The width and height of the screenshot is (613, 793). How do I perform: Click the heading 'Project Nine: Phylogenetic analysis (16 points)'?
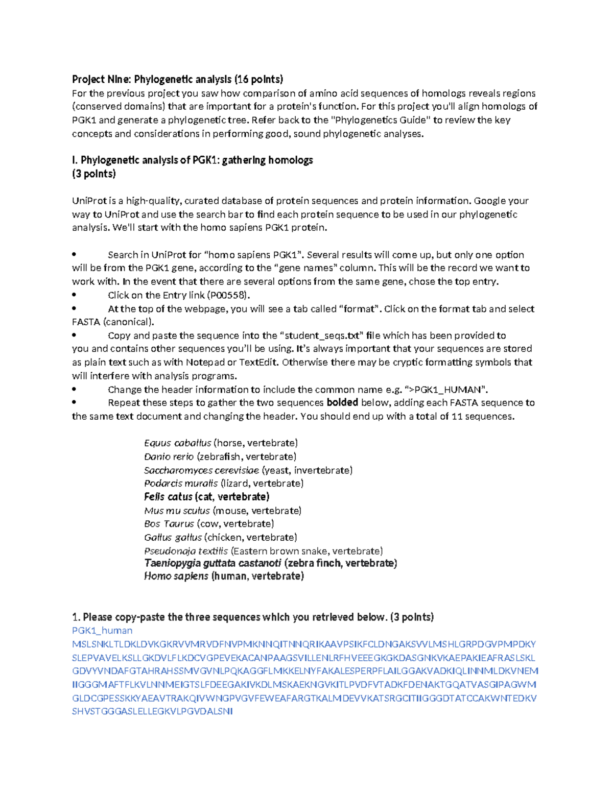click(x=177, y=79)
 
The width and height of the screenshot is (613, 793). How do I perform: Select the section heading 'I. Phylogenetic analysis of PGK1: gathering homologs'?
click(x=192, y=160)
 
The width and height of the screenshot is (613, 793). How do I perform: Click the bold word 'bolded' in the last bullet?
click(x=342, y=402)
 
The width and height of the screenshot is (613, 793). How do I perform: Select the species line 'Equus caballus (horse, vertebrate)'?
click(x=221, y=443)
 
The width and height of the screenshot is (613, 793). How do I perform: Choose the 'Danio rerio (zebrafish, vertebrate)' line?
click(x=220, y=456)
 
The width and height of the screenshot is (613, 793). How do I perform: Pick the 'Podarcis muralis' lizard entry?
click(x=224, y=483)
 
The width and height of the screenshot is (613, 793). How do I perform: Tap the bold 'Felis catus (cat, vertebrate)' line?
click(x=206, y=497)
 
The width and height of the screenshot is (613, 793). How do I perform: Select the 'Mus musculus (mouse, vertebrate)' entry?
click(x=223, y=511)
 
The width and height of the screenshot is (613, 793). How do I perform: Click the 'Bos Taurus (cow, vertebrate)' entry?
click(x=209, y=524)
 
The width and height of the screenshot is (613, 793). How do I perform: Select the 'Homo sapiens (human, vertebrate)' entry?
click(x=224, y=576)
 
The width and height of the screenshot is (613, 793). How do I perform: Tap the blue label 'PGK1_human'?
click(x=102, y=631)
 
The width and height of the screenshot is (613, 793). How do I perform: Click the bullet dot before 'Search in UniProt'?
click(x=75, y=254)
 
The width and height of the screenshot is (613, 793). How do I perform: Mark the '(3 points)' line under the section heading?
click(x=94, y=174)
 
